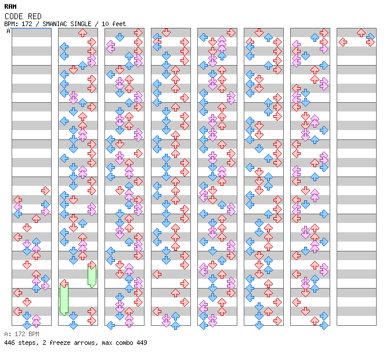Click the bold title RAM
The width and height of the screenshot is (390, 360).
[10, 7]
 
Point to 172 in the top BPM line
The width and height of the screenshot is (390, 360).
[26, 24]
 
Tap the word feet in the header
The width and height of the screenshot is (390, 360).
[119, 24]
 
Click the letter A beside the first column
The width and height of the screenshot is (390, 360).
[9, 31]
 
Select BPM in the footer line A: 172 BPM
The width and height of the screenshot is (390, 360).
[32, 334]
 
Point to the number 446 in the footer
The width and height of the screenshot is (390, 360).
[9, 343]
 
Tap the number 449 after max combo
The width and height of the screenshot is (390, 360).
[141, 343]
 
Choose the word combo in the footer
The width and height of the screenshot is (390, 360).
[124, 343]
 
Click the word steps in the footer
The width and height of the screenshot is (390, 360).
[26, 343]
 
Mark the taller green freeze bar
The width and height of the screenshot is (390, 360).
[64, 298]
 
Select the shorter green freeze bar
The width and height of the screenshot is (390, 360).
[92, 273]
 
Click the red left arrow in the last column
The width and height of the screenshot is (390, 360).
[342, 42]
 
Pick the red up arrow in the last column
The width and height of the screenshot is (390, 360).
[361, 33]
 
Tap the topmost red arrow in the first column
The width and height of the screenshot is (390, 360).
[45, 190]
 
